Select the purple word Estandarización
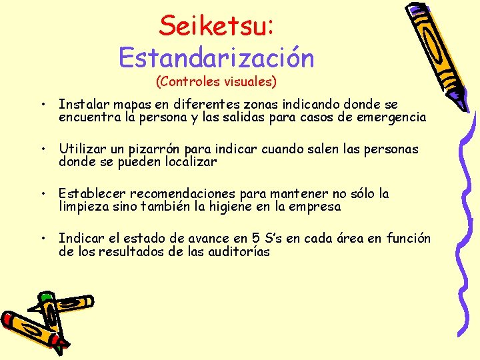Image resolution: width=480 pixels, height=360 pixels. tap(216, 58)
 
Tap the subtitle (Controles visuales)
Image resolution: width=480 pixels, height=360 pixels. tap(216, 82)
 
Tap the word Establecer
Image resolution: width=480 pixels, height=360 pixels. tap(92, 194)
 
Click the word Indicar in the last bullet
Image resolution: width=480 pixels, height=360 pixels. tap(79, 239)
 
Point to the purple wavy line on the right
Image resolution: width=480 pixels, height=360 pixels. tap(461, 220)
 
